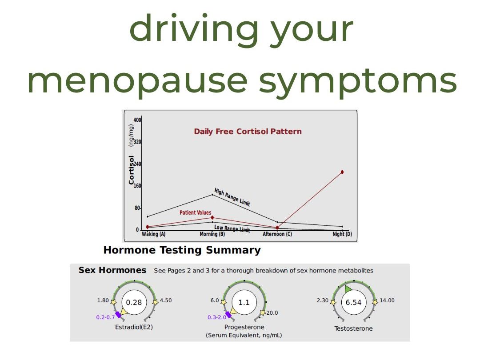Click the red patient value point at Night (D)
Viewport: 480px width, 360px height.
click(342, 172)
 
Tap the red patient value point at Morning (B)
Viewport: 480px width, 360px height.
click(212, 218)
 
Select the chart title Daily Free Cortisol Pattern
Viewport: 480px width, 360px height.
click(248, 132)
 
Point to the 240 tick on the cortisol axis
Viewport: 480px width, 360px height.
click(137, 164)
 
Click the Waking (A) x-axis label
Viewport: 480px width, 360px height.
click(153, 234)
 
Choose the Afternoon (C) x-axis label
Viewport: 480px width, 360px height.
click(277, 234)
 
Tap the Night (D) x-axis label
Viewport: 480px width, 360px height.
click(342, 234)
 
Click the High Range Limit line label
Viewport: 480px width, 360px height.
click(232, 197)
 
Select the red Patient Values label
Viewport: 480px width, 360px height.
click(195, 212)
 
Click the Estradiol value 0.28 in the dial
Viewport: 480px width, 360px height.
click(134, 303)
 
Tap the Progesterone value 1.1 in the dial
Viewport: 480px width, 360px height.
click(244, 303)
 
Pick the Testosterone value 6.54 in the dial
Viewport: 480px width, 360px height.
click(354, 303)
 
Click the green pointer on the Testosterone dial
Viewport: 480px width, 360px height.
click(348, 289)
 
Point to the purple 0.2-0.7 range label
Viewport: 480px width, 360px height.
click(105, 317)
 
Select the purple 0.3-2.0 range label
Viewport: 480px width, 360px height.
click(217, 317)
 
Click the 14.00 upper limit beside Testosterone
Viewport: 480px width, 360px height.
click(387, 300)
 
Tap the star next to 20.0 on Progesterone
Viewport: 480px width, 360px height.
click(263, 313)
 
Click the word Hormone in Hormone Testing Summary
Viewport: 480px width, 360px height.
click(129, 250)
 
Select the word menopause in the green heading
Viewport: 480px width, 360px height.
click(137, 81)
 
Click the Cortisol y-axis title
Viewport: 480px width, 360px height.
click(131, 170)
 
